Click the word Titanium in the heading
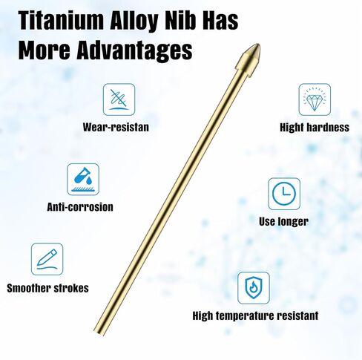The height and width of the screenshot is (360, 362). point(62,20)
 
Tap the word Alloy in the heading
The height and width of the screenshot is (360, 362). point(134,21)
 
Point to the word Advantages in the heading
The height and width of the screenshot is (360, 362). point(134,50)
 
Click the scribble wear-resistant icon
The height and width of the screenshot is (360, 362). point(119,99)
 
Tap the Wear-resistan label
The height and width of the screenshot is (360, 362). point(116,127)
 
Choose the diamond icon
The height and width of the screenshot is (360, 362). point(315,99)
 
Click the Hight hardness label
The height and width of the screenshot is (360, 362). point(315,128)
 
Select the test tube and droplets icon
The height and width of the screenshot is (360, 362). point(83,180)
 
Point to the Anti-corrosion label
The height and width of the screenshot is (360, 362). point(80,207)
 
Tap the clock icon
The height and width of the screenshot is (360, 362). point(284,194)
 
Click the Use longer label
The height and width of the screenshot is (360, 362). point(283,222)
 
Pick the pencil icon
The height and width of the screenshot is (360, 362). point(47,259)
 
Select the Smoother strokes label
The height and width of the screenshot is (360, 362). point(47,288)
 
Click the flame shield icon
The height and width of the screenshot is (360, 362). point(254,288)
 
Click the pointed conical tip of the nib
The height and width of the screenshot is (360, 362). point(258,45)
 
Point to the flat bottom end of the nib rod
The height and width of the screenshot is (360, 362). point(99,333)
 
